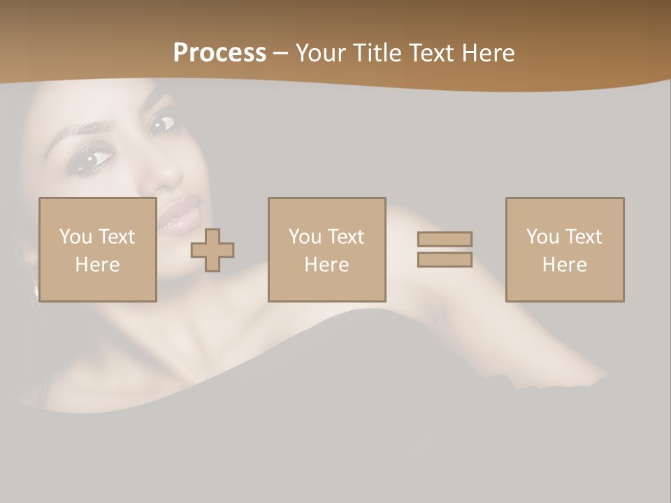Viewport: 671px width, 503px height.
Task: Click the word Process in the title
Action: point(219,53)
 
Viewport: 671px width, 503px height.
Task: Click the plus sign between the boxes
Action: point(212,250)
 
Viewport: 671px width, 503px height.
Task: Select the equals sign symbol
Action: point(445,249)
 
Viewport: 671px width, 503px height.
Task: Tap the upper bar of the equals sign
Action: point(445,239)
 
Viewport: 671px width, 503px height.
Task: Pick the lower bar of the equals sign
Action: point(445,260)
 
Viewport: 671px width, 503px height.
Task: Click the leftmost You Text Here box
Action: point(97,249)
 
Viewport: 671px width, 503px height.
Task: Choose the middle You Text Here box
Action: point(326,249)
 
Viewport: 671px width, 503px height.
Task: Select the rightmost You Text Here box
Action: point(564,249)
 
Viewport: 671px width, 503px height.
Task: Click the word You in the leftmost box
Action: point(75,237)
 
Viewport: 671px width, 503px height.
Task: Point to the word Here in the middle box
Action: point(326,265)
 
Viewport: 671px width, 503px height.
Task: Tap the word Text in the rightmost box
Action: point(584,237)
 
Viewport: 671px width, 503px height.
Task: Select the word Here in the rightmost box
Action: point(564,265)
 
